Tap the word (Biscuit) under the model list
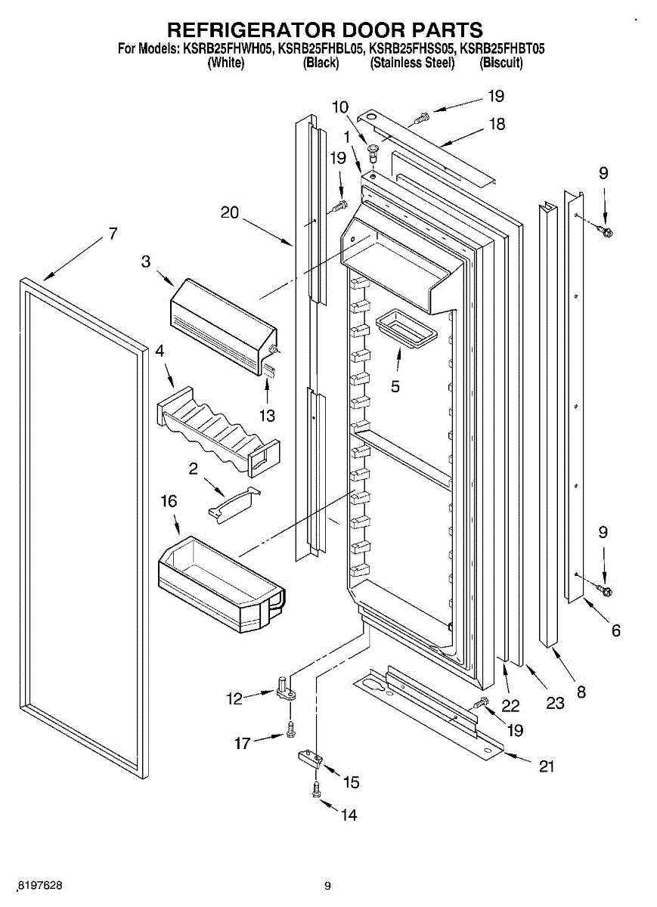point(501,63)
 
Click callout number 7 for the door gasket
point(113,234)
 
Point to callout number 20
point(230,212)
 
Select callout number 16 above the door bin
point(169,501)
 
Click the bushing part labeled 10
point(371,152)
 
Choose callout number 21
point(547,766)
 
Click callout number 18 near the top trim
point(497,124)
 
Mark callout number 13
point(267,416)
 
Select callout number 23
point(555,704)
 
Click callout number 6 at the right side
point(615,630)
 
